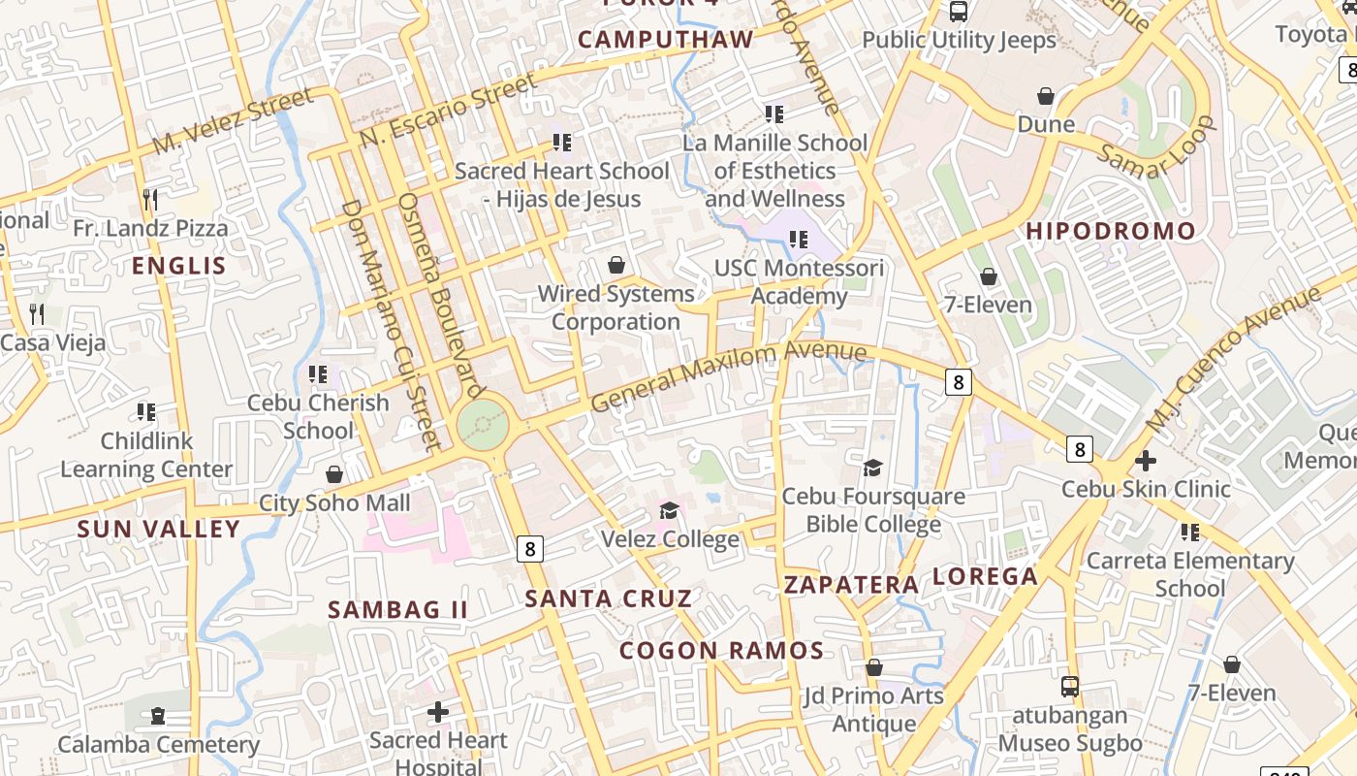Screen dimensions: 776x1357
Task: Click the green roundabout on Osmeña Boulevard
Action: (482, 424)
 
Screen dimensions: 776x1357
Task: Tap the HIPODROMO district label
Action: (1111, 231)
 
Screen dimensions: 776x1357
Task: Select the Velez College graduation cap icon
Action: (669, 511)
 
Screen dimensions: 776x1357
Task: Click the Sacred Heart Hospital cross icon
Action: (438, 712)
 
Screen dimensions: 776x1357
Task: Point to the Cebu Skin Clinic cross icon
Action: (1146, 460)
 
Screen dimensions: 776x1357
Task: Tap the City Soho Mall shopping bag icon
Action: (334, 474)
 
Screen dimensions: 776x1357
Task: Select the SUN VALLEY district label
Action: (158, 529)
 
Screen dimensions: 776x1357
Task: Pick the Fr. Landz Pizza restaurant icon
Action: (150, 200)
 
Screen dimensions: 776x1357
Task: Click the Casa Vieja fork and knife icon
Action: (37, 313)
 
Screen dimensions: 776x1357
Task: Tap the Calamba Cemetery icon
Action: (158, 716)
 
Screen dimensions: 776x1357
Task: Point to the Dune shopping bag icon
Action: (1046, 96)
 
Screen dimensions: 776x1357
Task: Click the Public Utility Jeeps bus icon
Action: (959, 12)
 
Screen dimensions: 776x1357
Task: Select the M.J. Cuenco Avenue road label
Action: (1233, 360)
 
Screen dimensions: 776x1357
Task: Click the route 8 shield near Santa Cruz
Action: (529, 548)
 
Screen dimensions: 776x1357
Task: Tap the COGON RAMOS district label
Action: (722, 651)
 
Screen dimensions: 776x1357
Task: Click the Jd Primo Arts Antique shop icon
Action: (873, 667)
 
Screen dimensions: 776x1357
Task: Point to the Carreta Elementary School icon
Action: (1190, 532)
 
